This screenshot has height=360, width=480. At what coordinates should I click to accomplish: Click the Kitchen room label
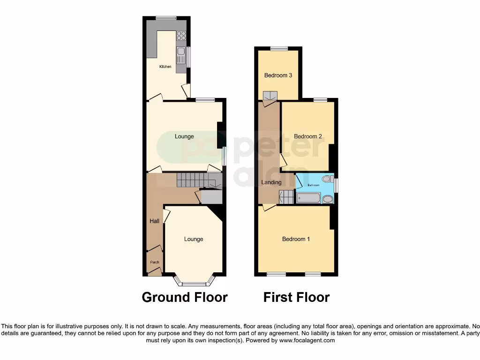165,67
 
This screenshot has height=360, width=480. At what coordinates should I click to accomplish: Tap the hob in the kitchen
181,36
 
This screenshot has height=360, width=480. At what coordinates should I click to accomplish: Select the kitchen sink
180,57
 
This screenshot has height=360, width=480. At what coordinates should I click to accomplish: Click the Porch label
154,262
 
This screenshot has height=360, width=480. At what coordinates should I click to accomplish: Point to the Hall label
154,221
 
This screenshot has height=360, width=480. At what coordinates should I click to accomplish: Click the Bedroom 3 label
278,75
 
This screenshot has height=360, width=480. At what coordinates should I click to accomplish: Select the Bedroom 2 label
307,136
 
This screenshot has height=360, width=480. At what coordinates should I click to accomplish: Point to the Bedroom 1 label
296,239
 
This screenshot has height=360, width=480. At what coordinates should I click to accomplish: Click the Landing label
271,182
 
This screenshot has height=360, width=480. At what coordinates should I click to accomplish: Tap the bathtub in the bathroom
308,198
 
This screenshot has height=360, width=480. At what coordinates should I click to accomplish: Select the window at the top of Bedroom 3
279,48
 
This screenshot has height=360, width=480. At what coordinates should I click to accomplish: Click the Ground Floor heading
185,297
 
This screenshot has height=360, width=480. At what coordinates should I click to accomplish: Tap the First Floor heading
296,297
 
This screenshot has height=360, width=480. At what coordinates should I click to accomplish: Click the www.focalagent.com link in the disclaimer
307,341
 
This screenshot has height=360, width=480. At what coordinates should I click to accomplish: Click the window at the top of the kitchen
166,18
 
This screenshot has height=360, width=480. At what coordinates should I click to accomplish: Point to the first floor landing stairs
286,197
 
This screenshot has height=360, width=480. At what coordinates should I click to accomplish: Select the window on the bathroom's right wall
336,184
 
